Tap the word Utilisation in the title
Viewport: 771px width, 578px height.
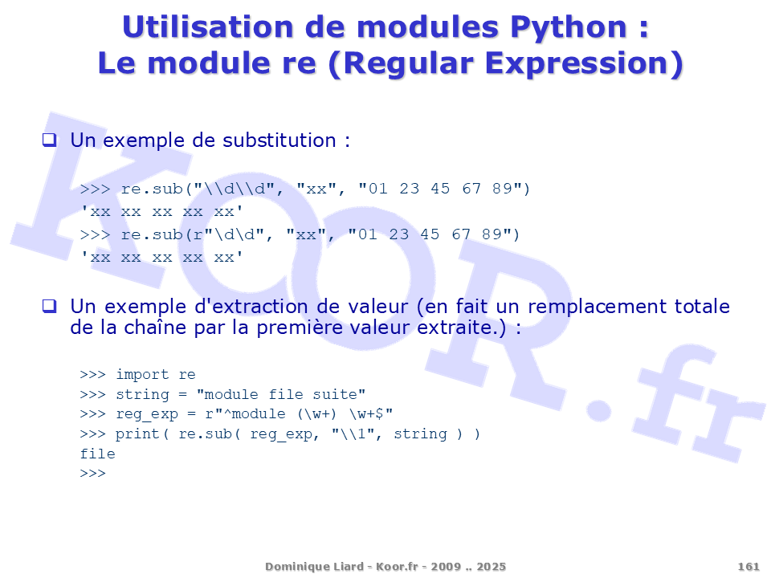(x=207, y=26)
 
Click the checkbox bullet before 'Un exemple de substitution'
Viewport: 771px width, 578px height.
(x=49, y=140)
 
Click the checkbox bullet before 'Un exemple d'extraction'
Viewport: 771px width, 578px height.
(x=49, y=306)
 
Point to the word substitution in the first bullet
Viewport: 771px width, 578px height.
(x=279, y=140)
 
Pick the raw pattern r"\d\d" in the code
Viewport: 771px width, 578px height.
(x=229, y=234)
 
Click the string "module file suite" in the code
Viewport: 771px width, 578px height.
(x=281, y=394)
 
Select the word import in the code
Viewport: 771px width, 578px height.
(x=142, y=375)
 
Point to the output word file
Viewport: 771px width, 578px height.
(x=97, y=454)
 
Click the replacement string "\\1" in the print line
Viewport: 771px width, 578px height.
(x=353, y=434)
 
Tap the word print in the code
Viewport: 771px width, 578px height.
(x=137, y=434)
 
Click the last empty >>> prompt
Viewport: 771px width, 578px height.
(x=92, y=474)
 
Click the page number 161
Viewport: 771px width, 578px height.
(x=749, y=567)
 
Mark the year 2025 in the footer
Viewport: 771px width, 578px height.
(x=491, y=567)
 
